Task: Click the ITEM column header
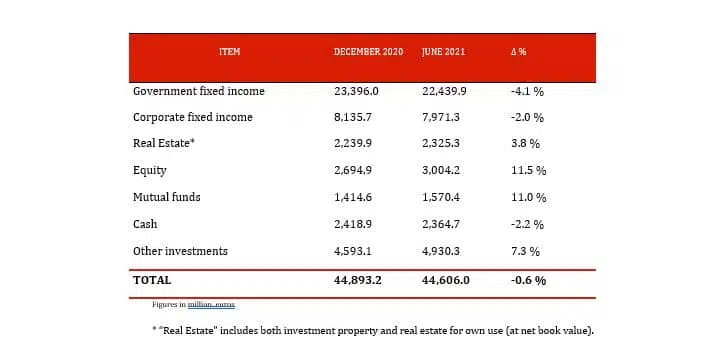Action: (229, 51)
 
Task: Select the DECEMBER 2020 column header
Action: (368, 51)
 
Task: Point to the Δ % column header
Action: (518, 51)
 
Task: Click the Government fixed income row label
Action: (199, 91)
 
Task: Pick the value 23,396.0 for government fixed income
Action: (358, 91)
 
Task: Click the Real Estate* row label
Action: (164, 144)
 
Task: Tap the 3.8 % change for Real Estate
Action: (525, 144)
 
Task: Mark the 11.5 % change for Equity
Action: (527, 171)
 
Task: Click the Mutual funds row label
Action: (167, 198)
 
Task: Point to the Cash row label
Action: (145, 225)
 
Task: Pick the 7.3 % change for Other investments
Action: (525, 252)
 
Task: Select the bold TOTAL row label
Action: (152, 281)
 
